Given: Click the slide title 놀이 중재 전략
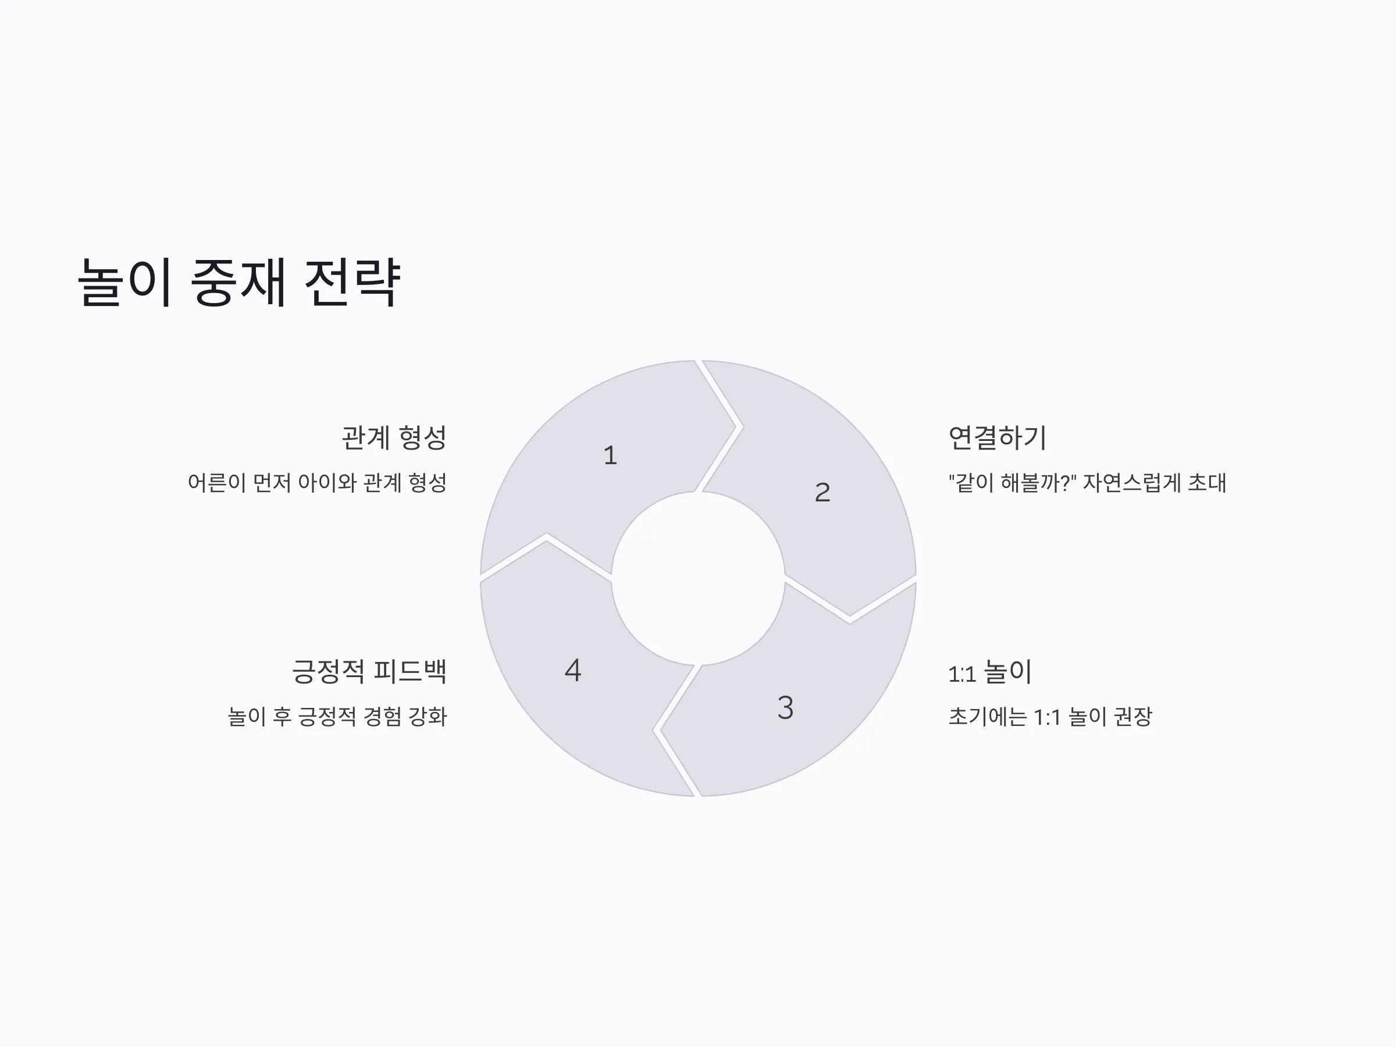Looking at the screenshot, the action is pos(238,282).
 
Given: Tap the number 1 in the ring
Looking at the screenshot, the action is pos(610,455).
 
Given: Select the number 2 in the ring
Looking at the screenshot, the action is pos(822,492).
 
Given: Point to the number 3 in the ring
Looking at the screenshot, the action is pos(785,707).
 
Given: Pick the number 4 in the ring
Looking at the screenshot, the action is pos(572,670).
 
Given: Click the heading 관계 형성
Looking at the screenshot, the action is pos(394,437).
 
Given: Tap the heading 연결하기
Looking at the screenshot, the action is pos(997,437).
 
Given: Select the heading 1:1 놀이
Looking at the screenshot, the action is pos(989,671).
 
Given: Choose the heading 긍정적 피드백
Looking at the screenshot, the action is pos(369,671).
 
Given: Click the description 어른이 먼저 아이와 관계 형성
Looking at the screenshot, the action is pos(318,483).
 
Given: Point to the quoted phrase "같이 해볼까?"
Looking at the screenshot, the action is pos(1012,483).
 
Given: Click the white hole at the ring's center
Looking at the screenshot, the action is pos(698,578).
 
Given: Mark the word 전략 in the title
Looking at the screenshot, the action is pos(352,282).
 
